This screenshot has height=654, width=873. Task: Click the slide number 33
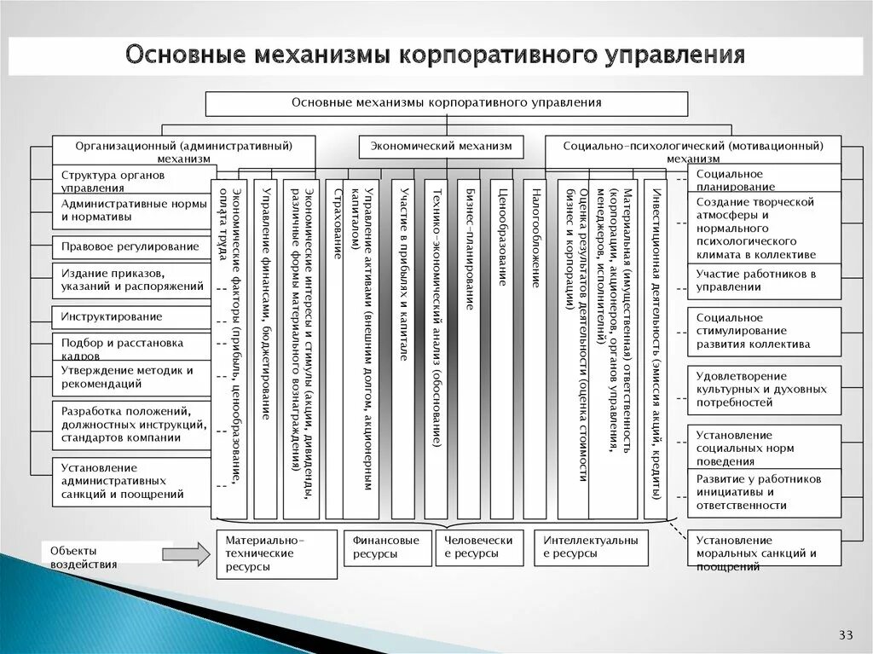[846, 634]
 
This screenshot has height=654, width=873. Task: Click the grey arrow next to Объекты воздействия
[185, 554]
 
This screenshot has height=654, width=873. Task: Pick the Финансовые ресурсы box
[387, 547]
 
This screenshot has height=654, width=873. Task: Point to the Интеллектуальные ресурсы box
[591, 547]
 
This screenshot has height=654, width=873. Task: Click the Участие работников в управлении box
[764, 281]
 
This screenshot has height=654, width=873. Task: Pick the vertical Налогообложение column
[535, 349]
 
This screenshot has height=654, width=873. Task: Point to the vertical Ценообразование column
[501, 349]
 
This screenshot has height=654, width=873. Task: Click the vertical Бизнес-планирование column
[468, 349]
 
